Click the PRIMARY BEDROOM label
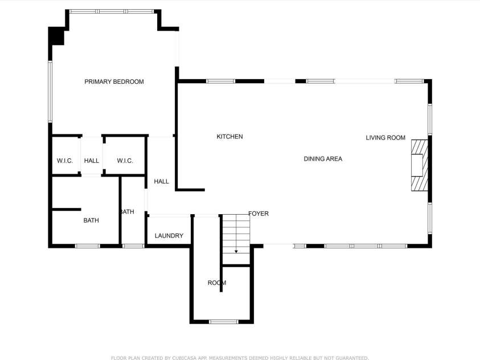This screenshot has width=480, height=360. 114,81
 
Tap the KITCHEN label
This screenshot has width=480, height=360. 229,137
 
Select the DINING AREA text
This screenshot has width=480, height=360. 323,159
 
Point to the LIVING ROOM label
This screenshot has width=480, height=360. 385,138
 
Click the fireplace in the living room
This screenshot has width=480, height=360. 419,165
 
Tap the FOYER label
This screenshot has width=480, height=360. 259,214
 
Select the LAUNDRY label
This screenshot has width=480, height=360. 169,236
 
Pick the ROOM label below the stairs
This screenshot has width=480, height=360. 216,283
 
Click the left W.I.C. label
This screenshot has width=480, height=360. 65,161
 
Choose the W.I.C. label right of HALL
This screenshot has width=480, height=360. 125,161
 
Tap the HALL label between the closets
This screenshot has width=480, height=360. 92,161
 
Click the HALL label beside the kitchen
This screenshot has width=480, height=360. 161,182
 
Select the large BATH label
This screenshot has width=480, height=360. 91,220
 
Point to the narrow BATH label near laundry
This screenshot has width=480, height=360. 127,212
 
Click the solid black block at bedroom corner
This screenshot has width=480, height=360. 56,36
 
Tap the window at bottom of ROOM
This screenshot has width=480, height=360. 224,322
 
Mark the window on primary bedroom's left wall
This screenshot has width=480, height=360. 50,92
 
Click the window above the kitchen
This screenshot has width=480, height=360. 220,81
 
